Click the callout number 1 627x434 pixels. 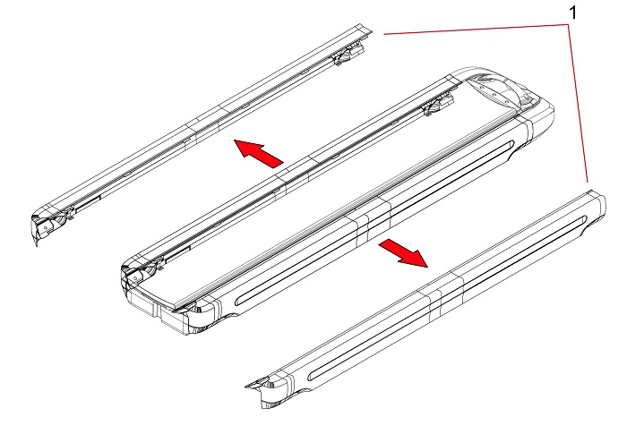[x=573, y=13]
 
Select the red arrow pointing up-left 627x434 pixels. [x=258, y=153]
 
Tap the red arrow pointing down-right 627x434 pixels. [x=403, y=252]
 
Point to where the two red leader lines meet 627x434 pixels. [x=568, y=25]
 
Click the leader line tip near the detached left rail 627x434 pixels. [x=384, y=34]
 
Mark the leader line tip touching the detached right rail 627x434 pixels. [x=588, y=182]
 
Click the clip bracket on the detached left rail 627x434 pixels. [x=348, y=55]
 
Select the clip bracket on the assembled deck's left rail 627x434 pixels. [x=438, y=105]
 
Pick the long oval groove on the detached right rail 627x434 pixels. [x=447, y=298]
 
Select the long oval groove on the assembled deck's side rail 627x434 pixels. [x=374, y=223]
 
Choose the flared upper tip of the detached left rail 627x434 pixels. [x=364, y=29]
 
